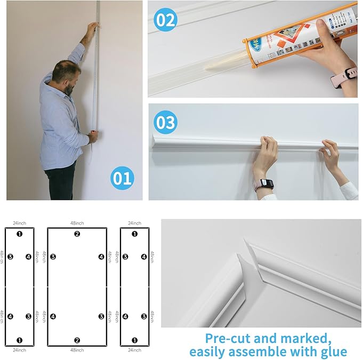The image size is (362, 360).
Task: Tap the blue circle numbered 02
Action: point(165,20)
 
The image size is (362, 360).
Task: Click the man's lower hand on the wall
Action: point(93,137)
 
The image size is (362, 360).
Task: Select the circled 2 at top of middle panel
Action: point(77,234)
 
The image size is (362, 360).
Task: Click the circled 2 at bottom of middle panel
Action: point(77,340)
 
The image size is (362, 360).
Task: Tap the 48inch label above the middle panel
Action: point(77,223)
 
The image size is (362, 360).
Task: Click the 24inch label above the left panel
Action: point(20,223)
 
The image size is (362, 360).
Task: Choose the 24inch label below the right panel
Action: point(134,350)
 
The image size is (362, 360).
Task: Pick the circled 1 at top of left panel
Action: point(20,234)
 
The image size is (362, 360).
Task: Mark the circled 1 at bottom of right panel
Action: point(134,340)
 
